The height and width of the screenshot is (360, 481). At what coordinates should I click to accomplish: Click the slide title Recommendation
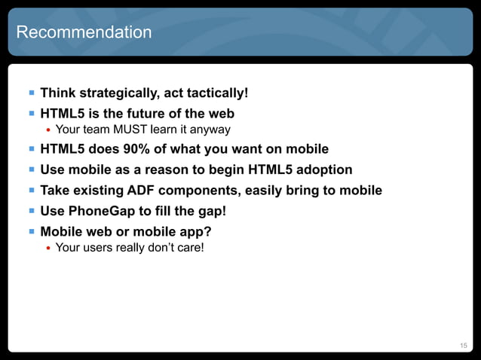pyautogui.click(x=84, y=32)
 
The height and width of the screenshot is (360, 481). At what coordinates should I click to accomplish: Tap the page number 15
pyautogui.click(x=464, y=345)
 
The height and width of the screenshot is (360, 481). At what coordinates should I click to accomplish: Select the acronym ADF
pyautogui.click(x=143, y=191)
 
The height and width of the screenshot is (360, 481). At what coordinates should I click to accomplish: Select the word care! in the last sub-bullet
pyautogui.click(x=188, y=247)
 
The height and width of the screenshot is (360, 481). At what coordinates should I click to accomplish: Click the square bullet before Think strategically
pyautogui.click(x=31, y=93)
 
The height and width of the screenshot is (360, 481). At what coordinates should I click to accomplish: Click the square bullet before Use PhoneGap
pyautogui.click(x=31, y=211)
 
